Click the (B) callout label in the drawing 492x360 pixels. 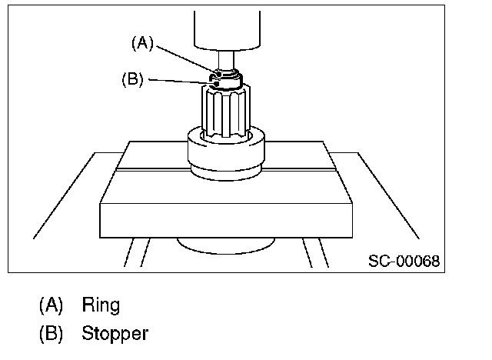tap(133, 79)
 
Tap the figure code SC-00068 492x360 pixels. tap(404, 262)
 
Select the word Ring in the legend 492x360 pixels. tap(101, 305)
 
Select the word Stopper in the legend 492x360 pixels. tap(115, 334)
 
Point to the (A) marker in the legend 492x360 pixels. tap(52, 305)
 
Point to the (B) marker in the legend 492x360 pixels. tap(52, 334)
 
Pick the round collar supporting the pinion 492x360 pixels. tap(227, 154)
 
